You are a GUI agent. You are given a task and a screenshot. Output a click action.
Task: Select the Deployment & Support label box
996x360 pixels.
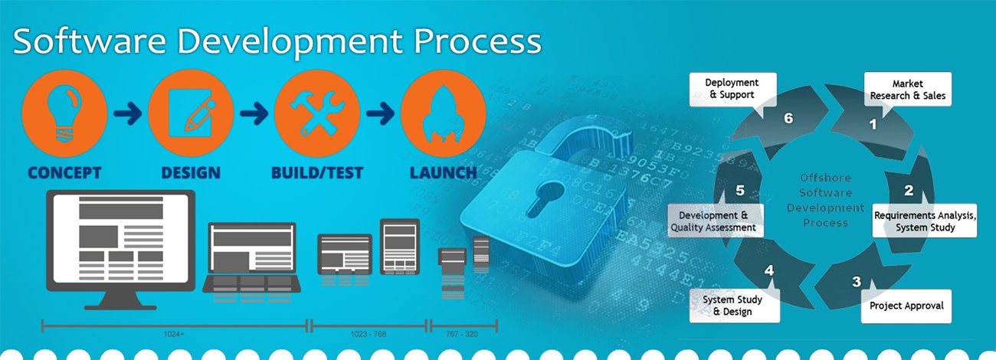coord(732,88)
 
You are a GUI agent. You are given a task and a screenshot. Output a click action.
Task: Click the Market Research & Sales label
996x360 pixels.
coord(907,89)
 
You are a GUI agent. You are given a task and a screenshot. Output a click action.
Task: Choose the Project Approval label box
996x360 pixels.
coord(906,306)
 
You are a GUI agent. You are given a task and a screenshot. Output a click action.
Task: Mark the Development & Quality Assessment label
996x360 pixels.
coord(713,221)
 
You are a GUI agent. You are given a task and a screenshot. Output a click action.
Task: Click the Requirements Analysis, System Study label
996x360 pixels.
coord(926,221)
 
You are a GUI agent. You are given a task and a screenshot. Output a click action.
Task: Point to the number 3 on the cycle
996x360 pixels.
coord(857,281)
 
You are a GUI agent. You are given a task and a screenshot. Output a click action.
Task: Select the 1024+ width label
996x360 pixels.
coord(173,335)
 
